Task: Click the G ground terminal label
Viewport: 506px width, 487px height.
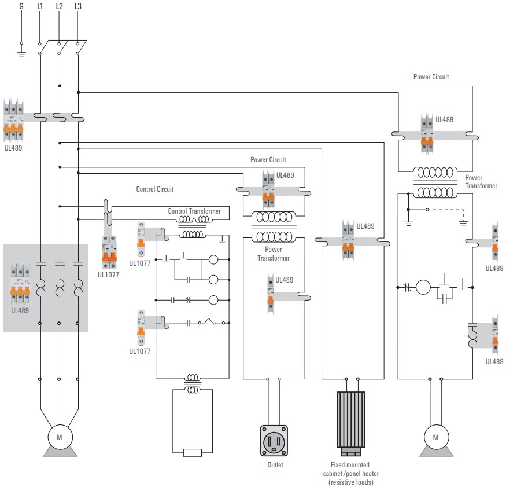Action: pyautogui.click(x=21, y=6)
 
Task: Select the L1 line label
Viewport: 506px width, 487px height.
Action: pyautogui.click(x=40, y=6)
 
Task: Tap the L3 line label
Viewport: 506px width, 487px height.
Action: pyautogui.click(x=78, y=6)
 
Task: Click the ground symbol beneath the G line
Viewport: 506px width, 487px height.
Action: pyautogui.click(x=21, y=54)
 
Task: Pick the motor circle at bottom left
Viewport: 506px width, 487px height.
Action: pyautogui.click(x=59, y=437)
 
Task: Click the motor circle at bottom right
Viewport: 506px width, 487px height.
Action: pyautogui.click(x=435, y=437)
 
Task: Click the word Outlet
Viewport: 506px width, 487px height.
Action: pyautogui.click(x=275, y=465)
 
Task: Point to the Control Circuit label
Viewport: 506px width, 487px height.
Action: pyautogui.click(x=154, y=189)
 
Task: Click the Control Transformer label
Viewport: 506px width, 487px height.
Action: pyautogui.click(x=194, y=211)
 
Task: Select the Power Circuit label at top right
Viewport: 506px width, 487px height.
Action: pyautogui.click(x=431, y=76)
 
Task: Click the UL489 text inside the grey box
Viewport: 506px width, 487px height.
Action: pyautogui.click(x=21, y=310)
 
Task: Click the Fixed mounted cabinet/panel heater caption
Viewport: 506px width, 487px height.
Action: pyautogui.click(x=350, y=473)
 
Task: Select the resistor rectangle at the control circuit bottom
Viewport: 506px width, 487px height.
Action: pyautogui.click(x=192, y=453)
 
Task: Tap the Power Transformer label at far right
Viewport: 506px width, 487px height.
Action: pyautogui.click(x=481, y=182)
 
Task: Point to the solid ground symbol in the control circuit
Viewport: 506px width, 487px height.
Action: pyautogui.click(x=222, y=237)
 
